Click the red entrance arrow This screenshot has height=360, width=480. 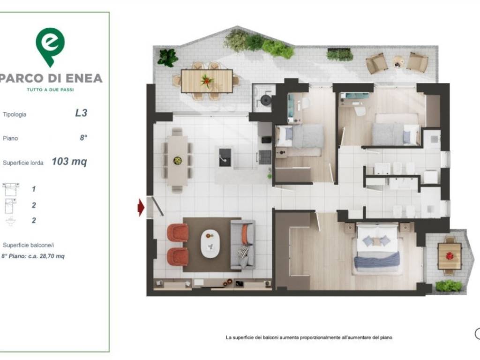[141, 208]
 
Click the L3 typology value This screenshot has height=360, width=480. [81, 113]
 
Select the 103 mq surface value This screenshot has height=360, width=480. [69, 161]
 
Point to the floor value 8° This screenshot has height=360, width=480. [83, 138]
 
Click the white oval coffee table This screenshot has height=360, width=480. [210, 244]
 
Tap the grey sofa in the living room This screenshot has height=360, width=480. [243, 245]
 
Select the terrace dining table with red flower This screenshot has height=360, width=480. [207, 81]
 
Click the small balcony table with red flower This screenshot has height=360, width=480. [450, 256]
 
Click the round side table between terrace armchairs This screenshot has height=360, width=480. [398, 63]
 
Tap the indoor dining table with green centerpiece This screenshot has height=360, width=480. [177, 160]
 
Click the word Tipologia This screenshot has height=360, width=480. [15, 114]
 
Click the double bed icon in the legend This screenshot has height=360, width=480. [10, 189]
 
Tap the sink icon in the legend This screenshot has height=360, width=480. [11, 221]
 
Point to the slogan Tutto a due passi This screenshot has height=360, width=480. [51, 90]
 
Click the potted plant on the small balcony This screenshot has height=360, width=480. [449, 285]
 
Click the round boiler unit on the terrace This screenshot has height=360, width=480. [265, 99]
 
